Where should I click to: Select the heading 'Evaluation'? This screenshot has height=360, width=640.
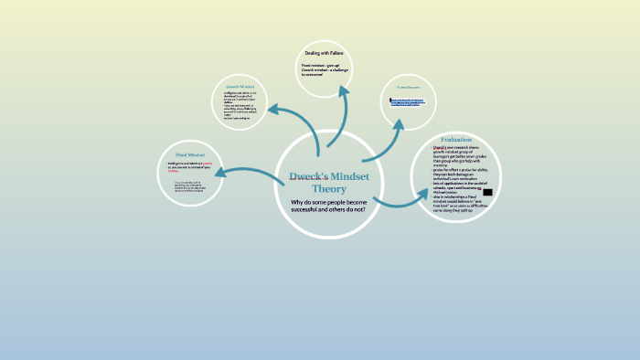click(x=455, y=139)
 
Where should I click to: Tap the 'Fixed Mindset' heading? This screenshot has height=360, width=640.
click(x=191, y=156)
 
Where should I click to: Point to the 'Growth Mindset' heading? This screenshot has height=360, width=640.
click(x=240, y=86)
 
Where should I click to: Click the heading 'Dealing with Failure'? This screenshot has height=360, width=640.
click(x=323, y=54)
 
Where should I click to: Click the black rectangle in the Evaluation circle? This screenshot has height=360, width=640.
click(x=487, y=193)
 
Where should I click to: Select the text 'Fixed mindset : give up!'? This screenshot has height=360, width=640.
click(x=319, y=66)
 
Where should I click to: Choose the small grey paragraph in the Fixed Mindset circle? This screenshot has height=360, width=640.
click(x=189, y=186)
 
